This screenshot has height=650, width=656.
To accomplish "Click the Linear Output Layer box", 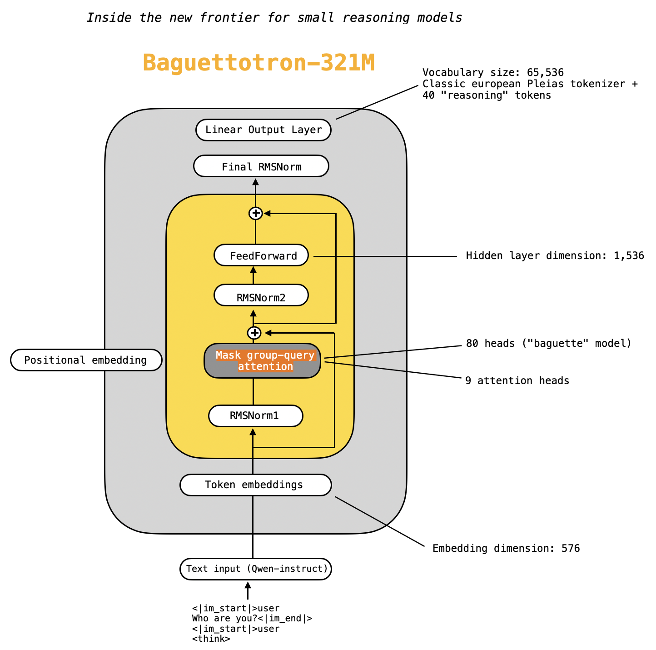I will (x=263, y=130).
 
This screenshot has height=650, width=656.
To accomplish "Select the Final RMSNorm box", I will (x=261, y=166).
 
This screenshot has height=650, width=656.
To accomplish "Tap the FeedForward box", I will (x=261, y=255).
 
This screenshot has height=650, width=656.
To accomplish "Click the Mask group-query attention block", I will (x=262, y=361).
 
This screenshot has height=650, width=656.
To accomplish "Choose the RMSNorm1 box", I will (x=255, y=416).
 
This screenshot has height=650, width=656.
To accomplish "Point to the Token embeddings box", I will (x=255, y=485).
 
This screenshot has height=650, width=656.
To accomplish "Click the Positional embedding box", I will (x=86, y=360).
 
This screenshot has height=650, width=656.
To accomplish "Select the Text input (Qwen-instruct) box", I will (x=256, y=569).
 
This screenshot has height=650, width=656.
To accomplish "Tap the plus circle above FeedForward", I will (x=256, y=213).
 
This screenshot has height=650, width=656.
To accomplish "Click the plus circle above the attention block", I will (x=254, y=333).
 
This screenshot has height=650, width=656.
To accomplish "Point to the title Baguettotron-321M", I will (x=258, y=63).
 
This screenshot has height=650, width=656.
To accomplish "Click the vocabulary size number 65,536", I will (x=545, y=73).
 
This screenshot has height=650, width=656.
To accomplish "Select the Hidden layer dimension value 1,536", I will (x=629, y=256).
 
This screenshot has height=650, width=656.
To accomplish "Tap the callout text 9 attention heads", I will (x=517, y=381).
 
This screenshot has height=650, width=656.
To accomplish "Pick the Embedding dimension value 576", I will (x=571, y=549).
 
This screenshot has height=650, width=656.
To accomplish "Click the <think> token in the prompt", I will (x=211, y=639).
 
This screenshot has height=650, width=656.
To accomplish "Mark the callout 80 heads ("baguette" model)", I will (x=548, y=344).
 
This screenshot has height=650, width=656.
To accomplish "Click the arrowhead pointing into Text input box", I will (x=248, y=585).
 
